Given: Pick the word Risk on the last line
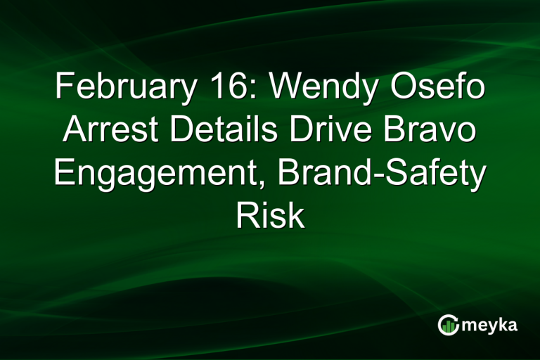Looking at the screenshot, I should coord(270,217).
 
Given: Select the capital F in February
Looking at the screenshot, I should coord(63,90).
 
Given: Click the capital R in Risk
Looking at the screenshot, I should coord(245,217).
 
